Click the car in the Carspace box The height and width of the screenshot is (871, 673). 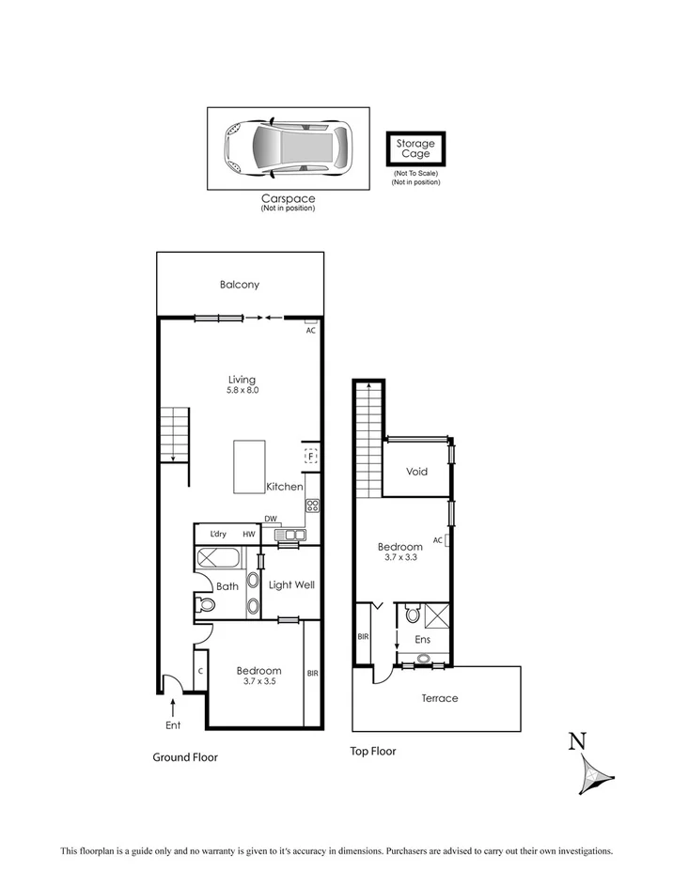tap(287, 148)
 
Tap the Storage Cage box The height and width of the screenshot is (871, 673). tap(415, 149)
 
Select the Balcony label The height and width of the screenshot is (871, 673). tap(240, 285)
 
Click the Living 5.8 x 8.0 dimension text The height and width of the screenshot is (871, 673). tap(242, 389)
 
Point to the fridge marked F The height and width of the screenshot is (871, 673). tap(310, 457)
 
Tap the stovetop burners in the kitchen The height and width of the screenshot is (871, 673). tap(312, 505)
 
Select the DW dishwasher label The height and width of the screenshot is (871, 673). tap(270, 519)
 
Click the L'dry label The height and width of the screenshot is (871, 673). tap(218, 535)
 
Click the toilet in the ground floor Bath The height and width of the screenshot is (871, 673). tap(205, 605)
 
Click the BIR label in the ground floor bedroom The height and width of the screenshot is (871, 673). tap(312, 674)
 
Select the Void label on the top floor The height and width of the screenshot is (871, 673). tap(416, 472)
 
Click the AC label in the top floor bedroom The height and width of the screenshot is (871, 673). tap(438, 540)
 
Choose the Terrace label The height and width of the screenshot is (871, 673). tap(439, 698)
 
